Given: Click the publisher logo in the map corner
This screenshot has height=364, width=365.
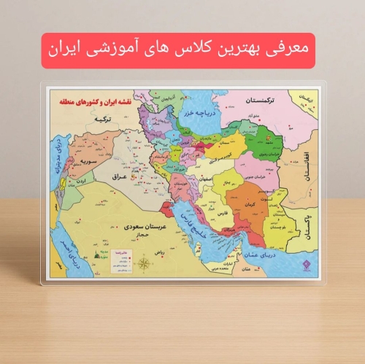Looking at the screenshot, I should coord(306,267).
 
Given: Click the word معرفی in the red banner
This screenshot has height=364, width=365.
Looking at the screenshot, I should coord(286,50).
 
